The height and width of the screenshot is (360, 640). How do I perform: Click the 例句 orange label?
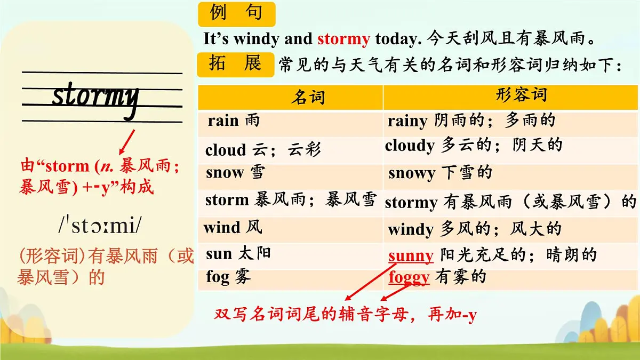pyautogui.click(x=236, y=13)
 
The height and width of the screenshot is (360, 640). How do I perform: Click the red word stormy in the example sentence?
pyautogui.click(x=343, y=39)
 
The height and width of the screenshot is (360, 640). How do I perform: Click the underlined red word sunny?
pyautogui.click(x=411, y=256)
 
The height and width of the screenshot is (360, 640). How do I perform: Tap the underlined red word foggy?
pyautogui.click(x=409, y=278)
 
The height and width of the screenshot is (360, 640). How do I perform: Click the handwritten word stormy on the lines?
pyautogui.click(x=96, y=97)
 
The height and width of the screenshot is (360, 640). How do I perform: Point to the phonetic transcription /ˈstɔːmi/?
pyautogui.click(x=100, y=227)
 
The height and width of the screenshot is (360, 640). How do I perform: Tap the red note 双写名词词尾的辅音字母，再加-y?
pyautogui.click(x=345, y=315)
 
